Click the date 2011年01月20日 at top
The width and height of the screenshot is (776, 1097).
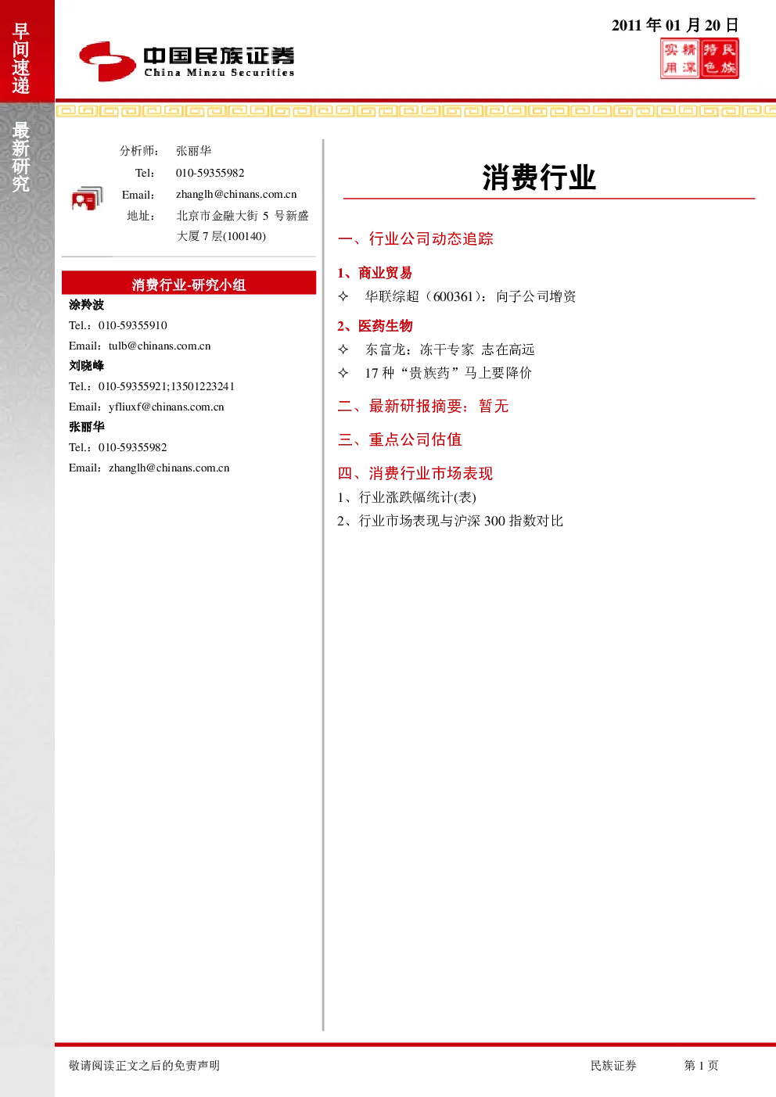(675, 24)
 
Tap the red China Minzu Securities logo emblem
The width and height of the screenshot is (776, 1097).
(108, 61)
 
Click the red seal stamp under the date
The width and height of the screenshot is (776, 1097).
(699, 59)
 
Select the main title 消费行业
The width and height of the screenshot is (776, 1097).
(539, 177)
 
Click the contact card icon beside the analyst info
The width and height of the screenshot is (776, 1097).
(87, 199)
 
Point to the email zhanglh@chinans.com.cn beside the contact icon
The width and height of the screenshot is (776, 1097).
(236, 195)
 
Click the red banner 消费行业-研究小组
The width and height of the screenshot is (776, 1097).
(189, 283)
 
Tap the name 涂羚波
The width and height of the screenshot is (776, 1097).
(86, 305)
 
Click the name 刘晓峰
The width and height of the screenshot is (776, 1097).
(86, 365)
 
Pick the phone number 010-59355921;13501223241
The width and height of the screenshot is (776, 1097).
(167, 386)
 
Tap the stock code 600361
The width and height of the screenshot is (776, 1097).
(453, 296)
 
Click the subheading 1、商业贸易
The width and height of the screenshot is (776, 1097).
(375, 273)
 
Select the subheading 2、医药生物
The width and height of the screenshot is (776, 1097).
(375, 326)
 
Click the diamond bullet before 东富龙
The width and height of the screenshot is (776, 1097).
(343, 350)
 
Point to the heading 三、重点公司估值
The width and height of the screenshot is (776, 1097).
(400, 439)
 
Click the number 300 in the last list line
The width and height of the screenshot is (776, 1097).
(494, 521)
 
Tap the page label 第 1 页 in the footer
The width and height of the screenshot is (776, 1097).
(701, 1065)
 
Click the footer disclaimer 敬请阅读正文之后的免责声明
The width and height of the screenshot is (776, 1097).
(144, 1065)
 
